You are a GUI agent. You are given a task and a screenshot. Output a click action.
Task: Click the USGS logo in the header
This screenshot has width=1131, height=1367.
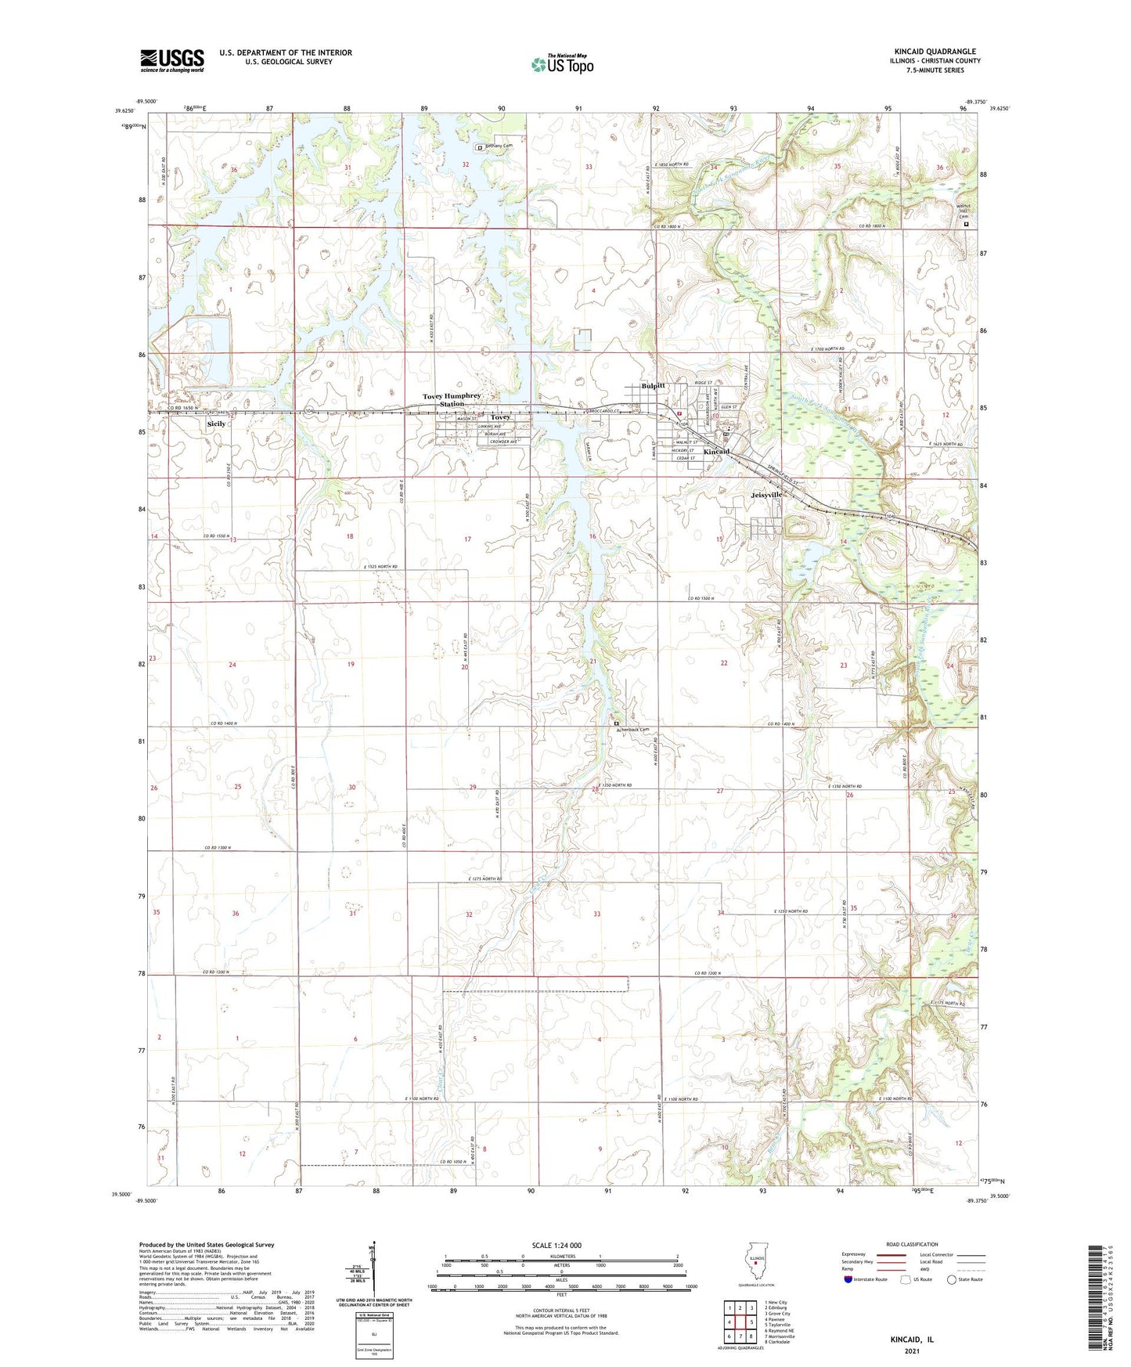coord(172,60)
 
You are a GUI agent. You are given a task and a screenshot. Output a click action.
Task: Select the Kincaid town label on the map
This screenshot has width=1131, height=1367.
coord(716,452)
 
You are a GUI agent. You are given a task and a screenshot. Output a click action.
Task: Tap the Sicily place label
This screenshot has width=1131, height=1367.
coord(216,424)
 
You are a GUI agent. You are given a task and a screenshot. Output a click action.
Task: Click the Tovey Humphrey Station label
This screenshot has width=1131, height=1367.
coord(452,399)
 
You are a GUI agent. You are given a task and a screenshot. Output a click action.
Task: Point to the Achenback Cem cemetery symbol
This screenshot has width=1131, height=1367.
coord(616,723)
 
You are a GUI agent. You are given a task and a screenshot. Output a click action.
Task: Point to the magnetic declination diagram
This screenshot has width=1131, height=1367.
coord(373,1272)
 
